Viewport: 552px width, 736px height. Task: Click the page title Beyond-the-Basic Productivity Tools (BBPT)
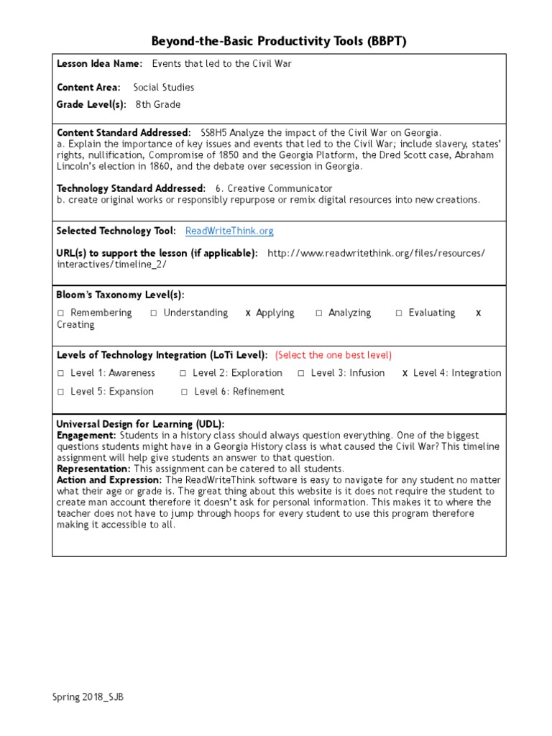pos(279,41)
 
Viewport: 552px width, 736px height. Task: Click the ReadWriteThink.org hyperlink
pos(229,231)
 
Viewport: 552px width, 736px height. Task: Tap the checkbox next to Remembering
pos(61,313)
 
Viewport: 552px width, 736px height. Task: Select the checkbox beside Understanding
pos(154,313)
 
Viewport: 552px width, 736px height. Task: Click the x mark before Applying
pos(248,313)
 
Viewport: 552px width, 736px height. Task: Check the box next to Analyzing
pos(318,313)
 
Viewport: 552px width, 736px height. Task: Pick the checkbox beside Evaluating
pos(399,313)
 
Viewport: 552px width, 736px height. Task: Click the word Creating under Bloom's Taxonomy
pos(75,325)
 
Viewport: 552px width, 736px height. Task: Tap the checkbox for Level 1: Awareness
pos(61,374)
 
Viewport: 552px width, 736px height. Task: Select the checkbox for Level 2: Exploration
pos(183,374)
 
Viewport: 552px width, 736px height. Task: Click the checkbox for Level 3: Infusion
pos(301,374)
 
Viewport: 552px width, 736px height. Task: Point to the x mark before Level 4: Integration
pos(405,374)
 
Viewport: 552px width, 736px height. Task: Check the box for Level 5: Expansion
pos(61,392)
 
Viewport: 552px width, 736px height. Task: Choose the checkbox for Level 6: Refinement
pos(185,392)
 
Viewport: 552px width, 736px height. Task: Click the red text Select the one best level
pos(333,355)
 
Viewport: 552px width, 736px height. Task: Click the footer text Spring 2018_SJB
pos(82,697)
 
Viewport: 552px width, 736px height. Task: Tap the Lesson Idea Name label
pos(99,64)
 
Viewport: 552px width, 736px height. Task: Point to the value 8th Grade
pos(158,104)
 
